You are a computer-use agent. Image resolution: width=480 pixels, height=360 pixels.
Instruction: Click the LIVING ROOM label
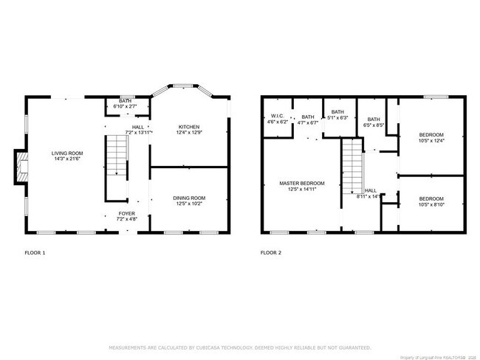(65, 153)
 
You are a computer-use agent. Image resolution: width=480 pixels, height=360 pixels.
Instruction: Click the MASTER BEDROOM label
(301, 183)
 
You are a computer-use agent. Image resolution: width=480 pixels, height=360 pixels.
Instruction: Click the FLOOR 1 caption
(35, 252)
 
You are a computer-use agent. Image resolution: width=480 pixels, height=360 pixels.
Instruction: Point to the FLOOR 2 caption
(271, 252)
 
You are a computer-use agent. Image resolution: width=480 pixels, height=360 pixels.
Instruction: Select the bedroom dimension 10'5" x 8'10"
(431, 204)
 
